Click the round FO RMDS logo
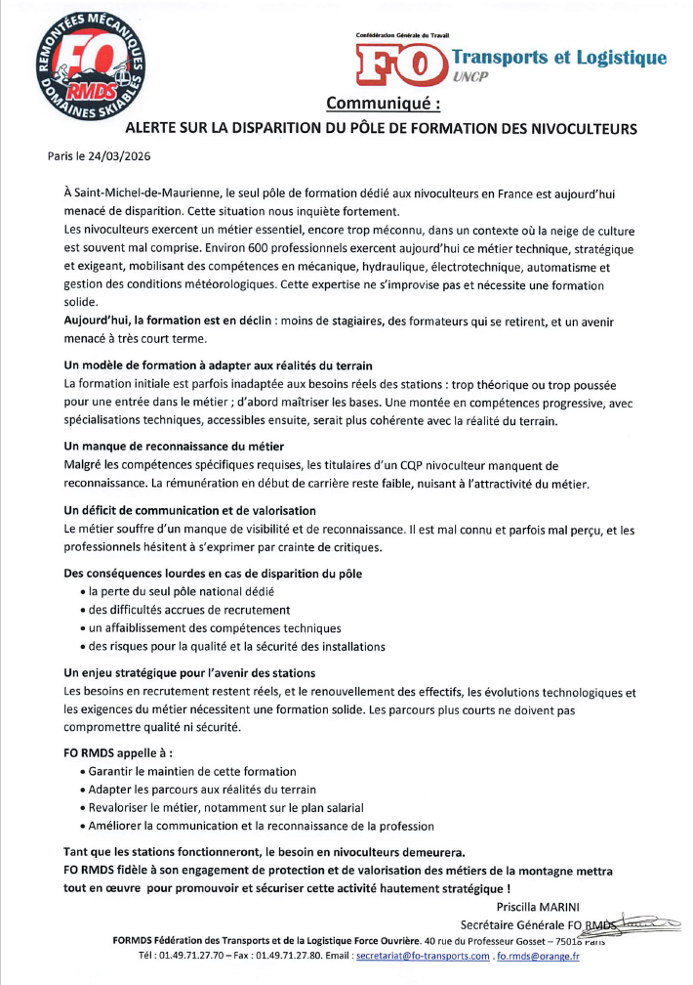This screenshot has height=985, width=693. click(89, 68)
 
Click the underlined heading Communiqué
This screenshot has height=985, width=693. click(383, 103)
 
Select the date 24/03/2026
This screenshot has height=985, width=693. click(116, 155)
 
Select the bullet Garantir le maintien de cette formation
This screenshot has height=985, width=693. click(201, 772)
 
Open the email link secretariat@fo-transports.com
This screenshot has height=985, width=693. click(423, 956)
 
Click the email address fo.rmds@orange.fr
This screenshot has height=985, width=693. click(538, 956)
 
